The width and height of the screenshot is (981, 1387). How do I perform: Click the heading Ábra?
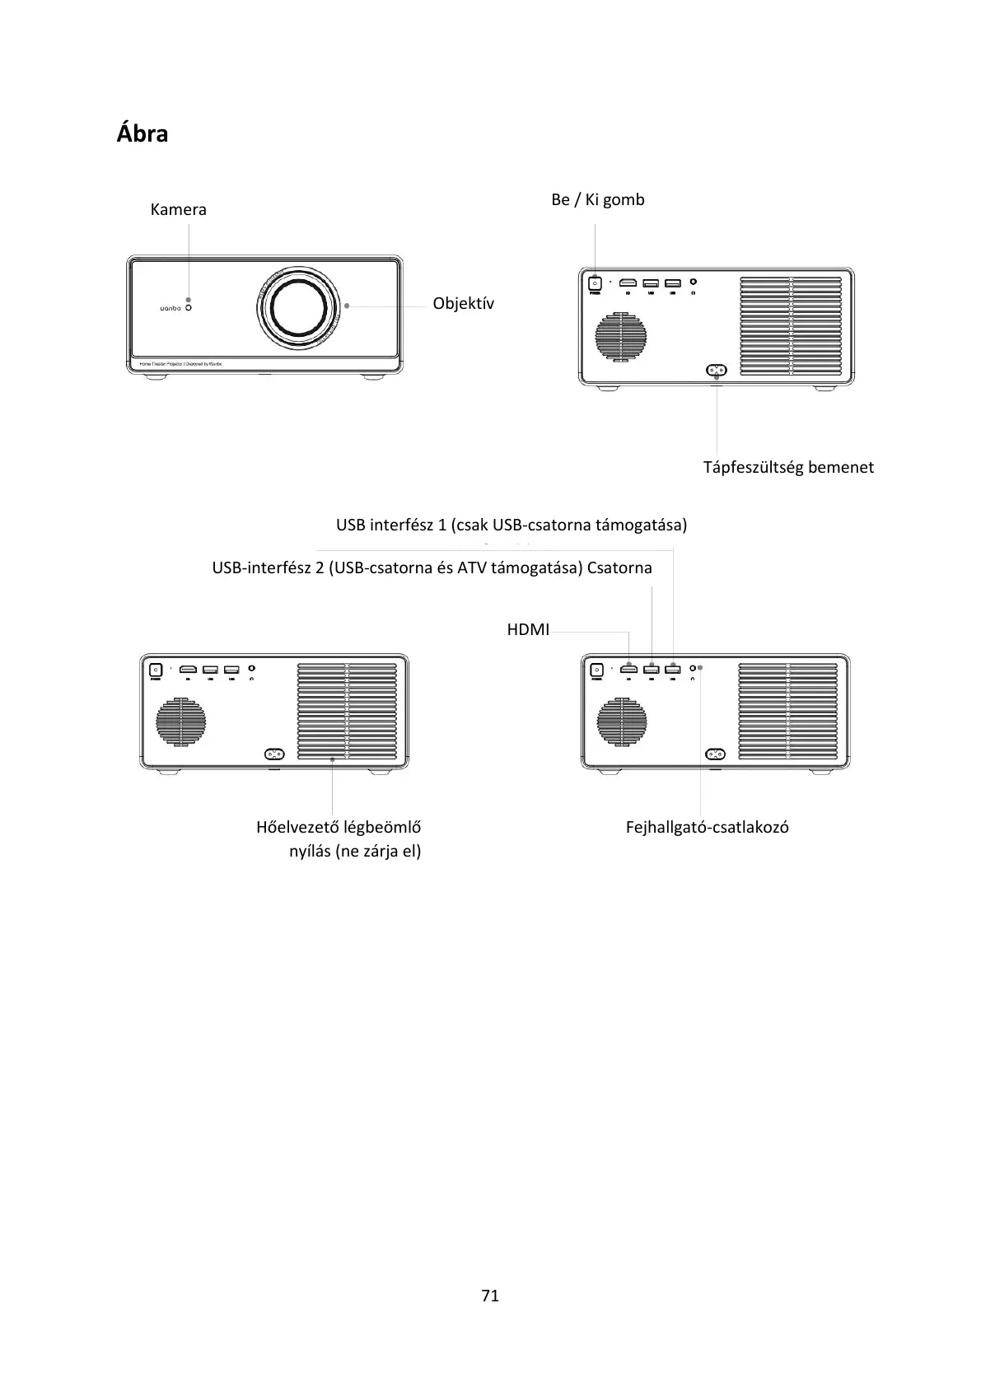(142, 133)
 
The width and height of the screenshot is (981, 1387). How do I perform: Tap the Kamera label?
(178, 209)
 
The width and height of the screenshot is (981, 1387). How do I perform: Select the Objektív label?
(464, 303)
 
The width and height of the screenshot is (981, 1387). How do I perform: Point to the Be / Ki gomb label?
(597, 199)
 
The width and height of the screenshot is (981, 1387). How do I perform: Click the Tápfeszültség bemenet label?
(787, 467)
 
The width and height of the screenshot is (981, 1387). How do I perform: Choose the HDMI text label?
(528, 630)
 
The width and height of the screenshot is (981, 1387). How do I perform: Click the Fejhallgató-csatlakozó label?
(707, 827)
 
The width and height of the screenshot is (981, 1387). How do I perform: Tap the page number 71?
(490, 1296)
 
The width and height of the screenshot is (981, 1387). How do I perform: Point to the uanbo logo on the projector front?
(170, 309)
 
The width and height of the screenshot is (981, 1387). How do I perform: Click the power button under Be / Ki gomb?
(595, 283)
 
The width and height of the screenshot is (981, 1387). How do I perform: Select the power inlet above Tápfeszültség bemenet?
(716, 371)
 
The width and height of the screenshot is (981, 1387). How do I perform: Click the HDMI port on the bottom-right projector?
(629, 668)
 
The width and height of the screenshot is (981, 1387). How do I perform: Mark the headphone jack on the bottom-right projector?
(693, 668)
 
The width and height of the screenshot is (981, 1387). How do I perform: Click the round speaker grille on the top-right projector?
(622, 336)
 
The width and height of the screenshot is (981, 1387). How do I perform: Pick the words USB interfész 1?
(390, 525)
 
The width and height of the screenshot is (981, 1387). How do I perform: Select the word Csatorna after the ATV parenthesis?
(619, 567)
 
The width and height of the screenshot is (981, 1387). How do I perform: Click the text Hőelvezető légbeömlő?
(339, 826)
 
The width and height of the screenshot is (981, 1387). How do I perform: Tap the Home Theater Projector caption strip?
(180, 363)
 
